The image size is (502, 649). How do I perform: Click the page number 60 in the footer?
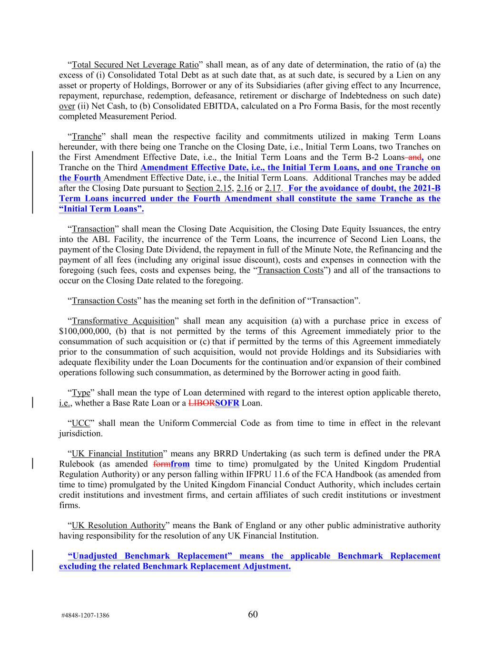click(x=253, y=614)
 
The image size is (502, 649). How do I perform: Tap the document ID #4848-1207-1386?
click(x=85, y=615)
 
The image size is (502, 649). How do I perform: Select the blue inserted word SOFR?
click(x=227, y=403)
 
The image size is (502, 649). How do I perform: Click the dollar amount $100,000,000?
click(x=85, y=331)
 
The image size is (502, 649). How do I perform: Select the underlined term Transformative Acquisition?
click(x=123, y=321)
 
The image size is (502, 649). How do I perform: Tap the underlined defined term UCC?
click(x=81, y=423)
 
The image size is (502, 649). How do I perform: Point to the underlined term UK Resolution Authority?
click(x=118, y=525)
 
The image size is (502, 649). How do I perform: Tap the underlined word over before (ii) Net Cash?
click(x=67, y=106)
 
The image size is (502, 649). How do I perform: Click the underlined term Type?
click(x=81, y=393)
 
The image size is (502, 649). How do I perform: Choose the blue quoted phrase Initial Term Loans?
click(x=101, y=209)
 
